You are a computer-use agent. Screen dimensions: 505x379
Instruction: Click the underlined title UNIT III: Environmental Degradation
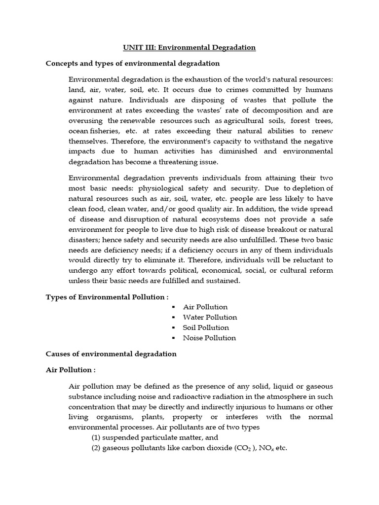tap(189, 47)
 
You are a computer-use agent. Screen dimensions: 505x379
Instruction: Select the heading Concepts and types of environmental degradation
tap(133, 64)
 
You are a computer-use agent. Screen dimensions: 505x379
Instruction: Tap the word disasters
tap(84, 240)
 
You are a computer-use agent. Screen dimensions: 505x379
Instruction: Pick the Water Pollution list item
tap(210, 317)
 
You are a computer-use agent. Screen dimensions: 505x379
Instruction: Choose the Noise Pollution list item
tap(209, 338)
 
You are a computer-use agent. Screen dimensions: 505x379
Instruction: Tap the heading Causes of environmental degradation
tap(111, 354)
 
